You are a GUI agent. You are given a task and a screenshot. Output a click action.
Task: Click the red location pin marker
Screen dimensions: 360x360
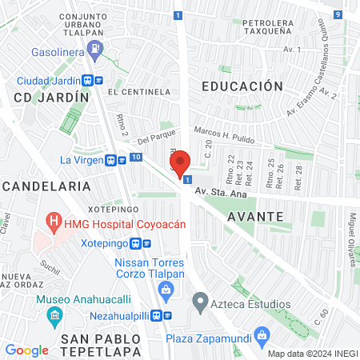point(180,163)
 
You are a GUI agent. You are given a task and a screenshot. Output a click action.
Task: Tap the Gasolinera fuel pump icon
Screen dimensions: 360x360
point(96,50)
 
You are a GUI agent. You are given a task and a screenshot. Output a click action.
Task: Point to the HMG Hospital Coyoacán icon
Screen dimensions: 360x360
point(54,219)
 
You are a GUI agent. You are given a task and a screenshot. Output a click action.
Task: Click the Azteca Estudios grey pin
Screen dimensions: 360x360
point(199,304)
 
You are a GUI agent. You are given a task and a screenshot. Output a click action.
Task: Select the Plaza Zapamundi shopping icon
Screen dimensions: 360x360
point(260,334)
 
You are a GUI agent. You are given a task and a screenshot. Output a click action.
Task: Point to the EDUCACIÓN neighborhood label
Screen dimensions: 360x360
point(242,86)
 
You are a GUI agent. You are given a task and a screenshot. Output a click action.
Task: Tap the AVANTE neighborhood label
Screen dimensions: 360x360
point(254,216)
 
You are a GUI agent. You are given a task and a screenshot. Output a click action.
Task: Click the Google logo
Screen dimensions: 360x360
point(26,350)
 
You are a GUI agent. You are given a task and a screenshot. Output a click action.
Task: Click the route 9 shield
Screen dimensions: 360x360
point(338,14)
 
